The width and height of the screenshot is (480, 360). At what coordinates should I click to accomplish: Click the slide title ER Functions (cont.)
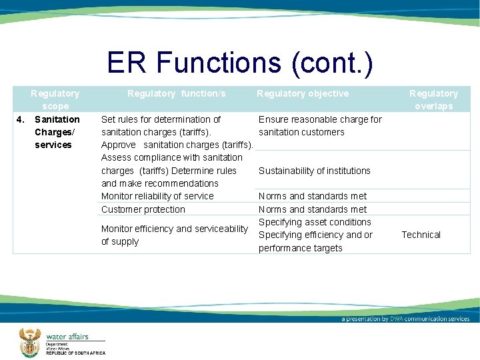(239, 63)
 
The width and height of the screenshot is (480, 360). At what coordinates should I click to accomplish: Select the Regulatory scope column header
(55, 99)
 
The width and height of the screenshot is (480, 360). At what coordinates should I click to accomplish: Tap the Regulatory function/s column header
(176, 93)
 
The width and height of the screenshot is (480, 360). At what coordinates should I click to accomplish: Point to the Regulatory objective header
(303, 93)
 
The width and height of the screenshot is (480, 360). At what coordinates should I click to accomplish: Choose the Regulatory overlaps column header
(433, 99)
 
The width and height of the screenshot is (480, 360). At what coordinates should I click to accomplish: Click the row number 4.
(21, 119)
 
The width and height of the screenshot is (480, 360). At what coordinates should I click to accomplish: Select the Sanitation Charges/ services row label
(57, 132)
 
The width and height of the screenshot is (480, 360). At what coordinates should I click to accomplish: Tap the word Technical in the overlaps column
(421, 235)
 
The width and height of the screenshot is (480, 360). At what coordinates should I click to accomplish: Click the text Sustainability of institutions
(314, 171)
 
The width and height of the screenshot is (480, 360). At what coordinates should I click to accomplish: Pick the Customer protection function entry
(143, 209)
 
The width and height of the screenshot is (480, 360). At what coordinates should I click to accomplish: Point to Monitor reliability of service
(157, 196)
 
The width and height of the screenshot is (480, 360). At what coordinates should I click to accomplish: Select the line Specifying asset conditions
(315, 222)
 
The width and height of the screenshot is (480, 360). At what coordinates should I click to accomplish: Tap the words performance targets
(300, 248)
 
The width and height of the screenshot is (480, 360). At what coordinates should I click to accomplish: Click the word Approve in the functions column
(118, 145)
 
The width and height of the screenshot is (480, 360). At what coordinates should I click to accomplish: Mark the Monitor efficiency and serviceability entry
(174, 229)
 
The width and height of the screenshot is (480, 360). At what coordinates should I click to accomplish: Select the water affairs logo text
(67, 337)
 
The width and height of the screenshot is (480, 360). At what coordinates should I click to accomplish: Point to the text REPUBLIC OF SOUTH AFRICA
(75, 353)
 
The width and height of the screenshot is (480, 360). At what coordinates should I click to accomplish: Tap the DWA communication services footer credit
(405, 319)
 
